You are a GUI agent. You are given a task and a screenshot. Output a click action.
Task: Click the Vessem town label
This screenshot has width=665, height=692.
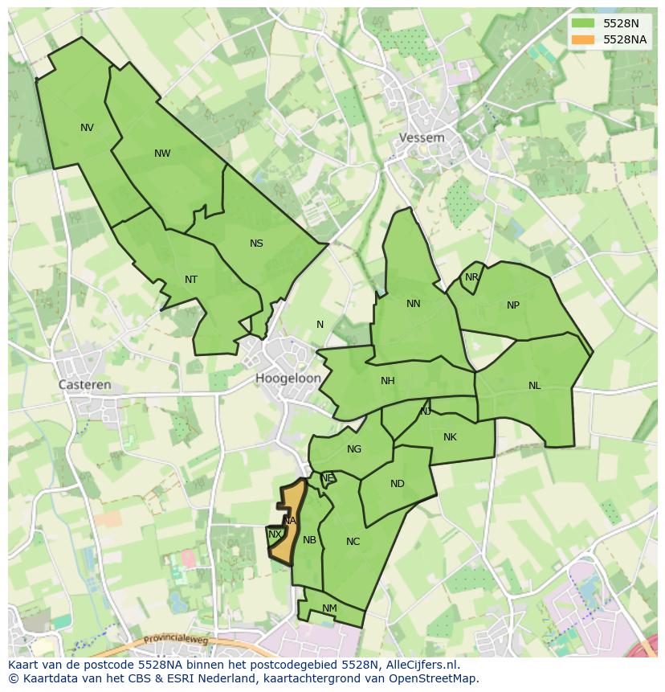point(422,137)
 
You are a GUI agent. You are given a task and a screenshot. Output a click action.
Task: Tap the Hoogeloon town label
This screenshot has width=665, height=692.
point(288,378)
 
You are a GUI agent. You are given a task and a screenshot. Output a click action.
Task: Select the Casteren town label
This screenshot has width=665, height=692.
point(85,385)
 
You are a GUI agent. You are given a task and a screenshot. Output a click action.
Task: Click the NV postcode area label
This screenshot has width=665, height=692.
point(87,127)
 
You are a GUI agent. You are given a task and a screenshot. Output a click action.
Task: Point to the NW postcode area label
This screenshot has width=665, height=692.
point(162,154)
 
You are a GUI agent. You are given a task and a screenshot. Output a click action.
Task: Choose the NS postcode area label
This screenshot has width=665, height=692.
point(256,244)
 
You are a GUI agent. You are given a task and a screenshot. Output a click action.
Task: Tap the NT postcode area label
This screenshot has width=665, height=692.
point(191,280)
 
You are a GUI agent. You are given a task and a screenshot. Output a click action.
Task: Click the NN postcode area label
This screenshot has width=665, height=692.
point(414,304)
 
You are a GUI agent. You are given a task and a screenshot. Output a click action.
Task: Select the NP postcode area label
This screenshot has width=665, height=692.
point(513,305)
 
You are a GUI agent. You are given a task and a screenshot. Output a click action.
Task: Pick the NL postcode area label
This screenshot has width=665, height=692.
point(535,386)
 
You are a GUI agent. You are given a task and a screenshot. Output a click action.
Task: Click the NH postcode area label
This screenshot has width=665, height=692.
point(388,381)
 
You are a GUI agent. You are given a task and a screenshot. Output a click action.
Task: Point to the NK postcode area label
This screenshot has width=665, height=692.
point(450,437)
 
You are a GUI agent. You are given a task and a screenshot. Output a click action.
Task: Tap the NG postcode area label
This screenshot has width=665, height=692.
point(354,449)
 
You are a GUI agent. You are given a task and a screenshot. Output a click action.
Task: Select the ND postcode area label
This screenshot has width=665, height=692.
point(398,484)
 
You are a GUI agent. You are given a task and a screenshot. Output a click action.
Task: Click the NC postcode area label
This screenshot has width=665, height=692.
point(353,542)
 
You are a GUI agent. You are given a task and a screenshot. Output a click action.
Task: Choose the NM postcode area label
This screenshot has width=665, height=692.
point(329,608)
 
